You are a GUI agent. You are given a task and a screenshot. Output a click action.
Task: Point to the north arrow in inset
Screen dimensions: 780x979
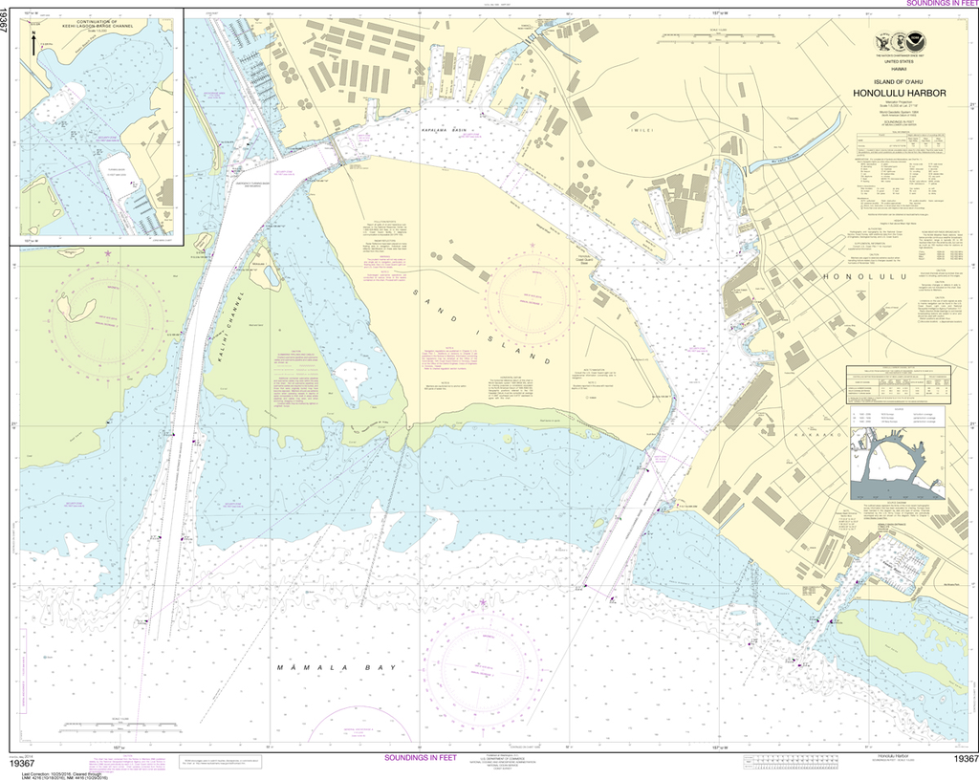(x=33, y=44)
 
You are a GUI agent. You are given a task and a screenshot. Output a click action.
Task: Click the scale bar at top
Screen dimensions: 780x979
(x=708, y=39)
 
